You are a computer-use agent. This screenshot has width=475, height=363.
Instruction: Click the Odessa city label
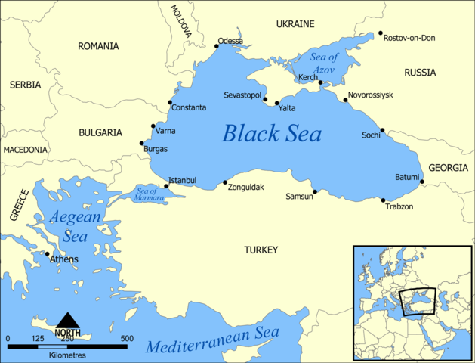(x=230, y=41)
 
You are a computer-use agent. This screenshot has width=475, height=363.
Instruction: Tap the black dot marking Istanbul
(x=166, y=186)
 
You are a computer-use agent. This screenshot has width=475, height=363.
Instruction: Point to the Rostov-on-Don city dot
(x=381, y=33)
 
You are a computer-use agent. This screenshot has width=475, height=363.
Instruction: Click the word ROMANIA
(x=98, y=46)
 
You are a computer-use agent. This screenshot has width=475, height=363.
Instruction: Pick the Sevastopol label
(x=242, y=95)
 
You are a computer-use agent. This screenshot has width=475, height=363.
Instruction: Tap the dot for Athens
(x=48, y=253)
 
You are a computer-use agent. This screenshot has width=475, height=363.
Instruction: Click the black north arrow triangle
(x=68, y=321)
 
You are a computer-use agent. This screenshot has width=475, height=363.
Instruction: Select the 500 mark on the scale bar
(x=126, y=338)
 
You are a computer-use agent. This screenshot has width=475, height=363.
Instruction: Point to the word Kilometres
(x=68, y=355)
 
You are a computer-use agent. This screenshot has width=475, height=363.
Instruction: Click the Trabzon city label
(x=399, y=206)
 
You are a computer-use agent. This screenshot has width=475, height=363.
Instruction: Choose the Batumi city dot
(x=422, y=181)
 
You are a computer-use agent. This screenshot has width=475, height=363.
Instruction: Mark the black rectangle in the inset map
(x=418, y=301)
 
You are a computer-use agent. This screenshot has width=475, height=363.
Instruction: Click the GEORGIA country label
(x=448, y=168)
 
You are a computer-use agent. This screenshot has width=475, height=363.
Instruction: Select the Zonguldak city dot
(x=225, y=181)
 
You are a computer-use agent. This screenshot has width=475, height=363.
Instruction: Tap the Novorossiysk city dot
(x=345, y=99)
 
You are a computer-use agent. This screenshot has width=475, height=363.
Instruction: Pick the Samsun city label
(x=299, y=197)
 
